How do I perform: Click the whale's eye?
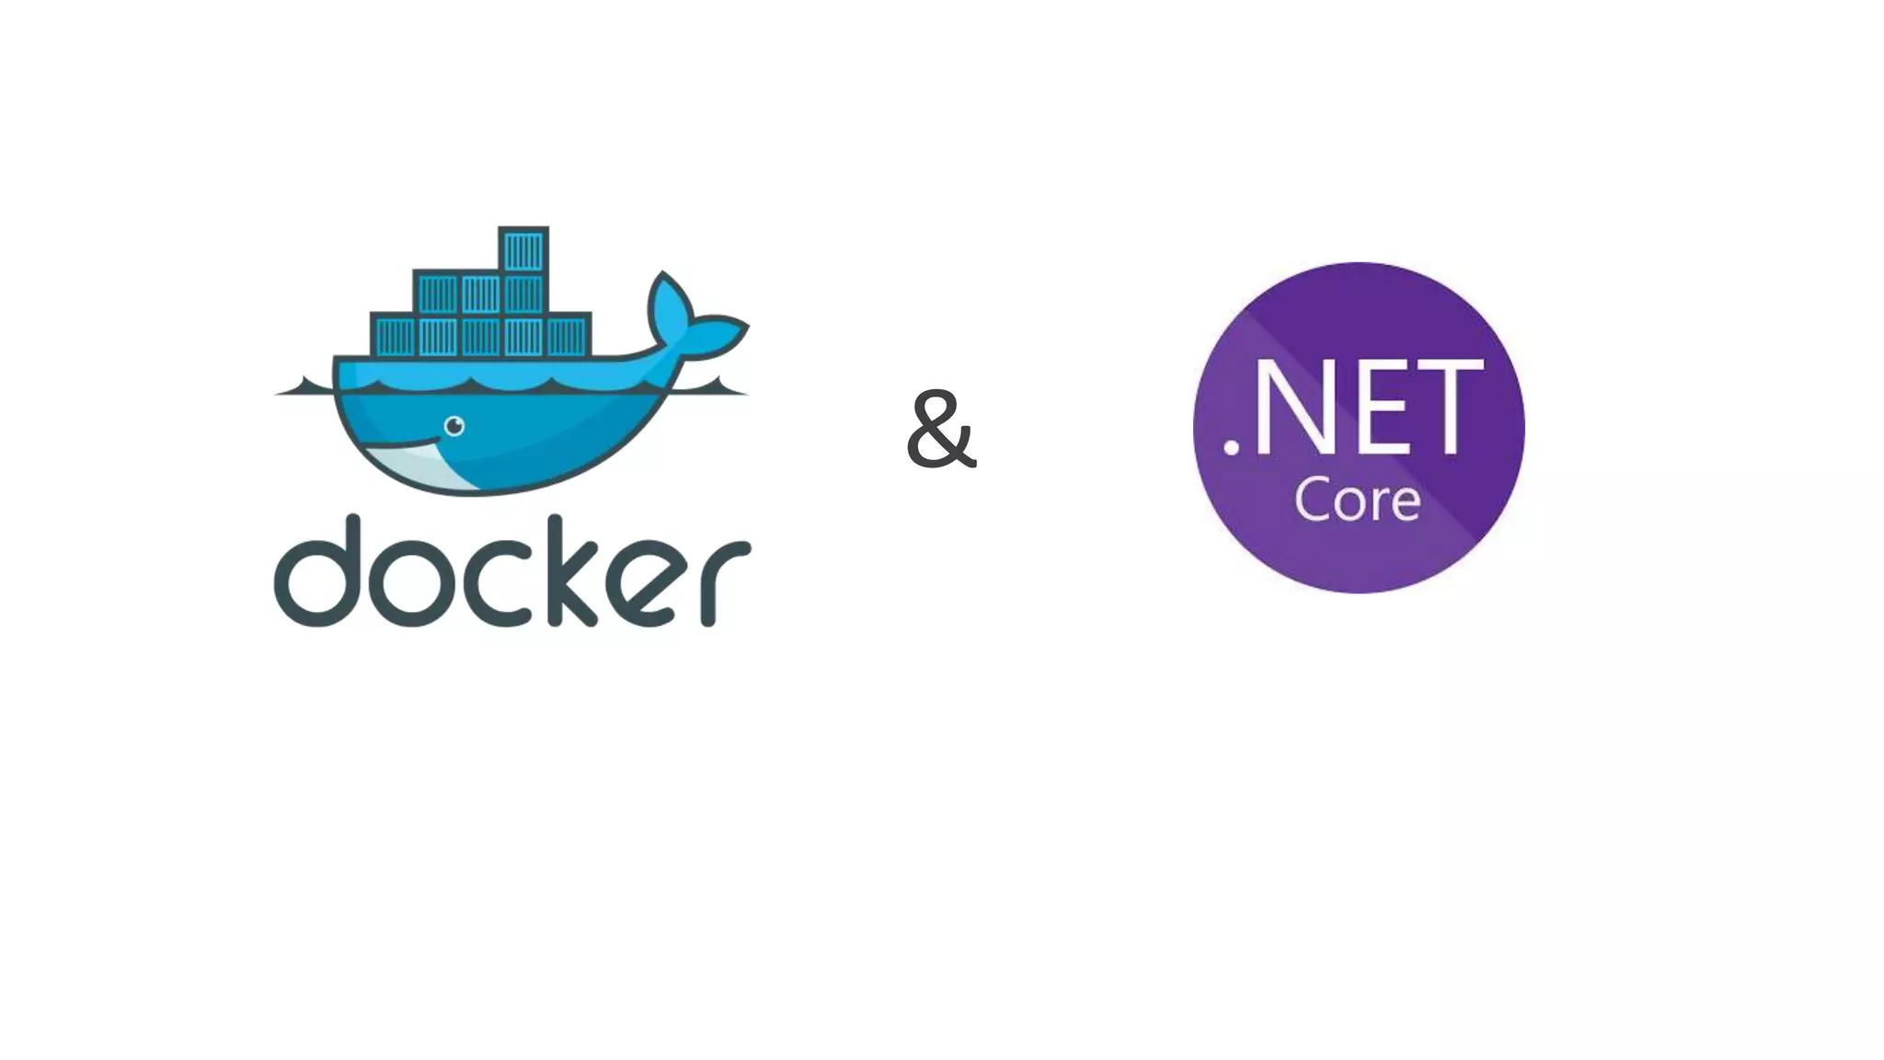click(x=454, y=426)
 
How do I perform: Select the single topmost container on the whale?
click(x=523, y=249)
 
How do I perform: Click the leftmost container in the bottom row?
click(x=394, y=337)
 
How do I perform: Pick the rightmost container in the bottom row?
click(x=567, y=337)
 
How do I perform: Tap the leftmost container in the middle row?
click(x=437, y=294)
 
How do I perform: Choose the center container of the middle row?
click(x=480, y=294)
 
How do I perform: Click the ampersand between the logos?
click(x=940, y=430)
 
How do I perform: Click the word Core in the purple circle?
click(x=1357, y=500)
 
